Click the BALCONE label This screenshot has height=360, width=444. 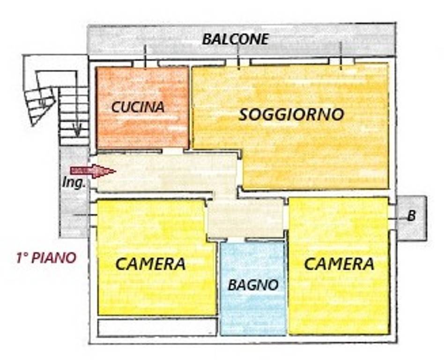pyautogui.click(x=235, y=39)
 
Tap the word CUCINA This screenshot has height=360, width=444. pyautogui.click(x=138, y=107)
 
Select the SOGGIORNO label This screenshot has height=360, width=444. pyautogui.click(x=291, y=114)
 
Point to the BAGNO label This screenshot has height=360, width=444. pyautogui.click(x=253, y=285)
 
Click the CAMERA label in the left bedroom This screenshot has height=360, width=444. pyautogui.click(x=150, y=264)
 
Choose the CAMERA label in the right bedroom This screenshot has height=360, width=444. pyautogui.click(x=339, y=264)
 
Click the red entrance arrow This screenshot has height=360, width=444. pyautogui.click(x=93, y=171)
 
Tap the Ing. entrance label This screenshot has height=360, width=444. pyautogui.click(x=74, y=183)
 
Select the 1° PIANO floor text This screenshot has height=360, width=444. pyautogui.click(x=46, y=258)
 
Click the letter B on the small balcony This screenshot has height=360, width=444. pyautogui.click(x=411, y=216)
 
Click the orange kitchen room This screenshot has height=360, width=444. pyautogui.click(x=142, y=107)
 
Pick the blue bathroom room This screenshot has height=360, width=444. pyautogui.click(x=253, y=288)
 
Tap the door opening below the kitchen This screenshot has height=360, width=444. pyautogui.click(x=173, y=151)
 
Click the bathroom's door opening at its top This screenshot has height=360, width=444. pyautogui.click(x=236, y=240)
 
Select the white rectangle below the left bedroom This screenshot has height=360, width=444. pyautogui.click(x=157, y=327)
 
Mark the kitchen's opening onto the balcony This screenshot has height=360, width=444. pyautogui.click(x=145, y=63)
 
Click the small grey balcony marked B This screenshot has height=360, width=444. pyautogui.click(x=411, y=218)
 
